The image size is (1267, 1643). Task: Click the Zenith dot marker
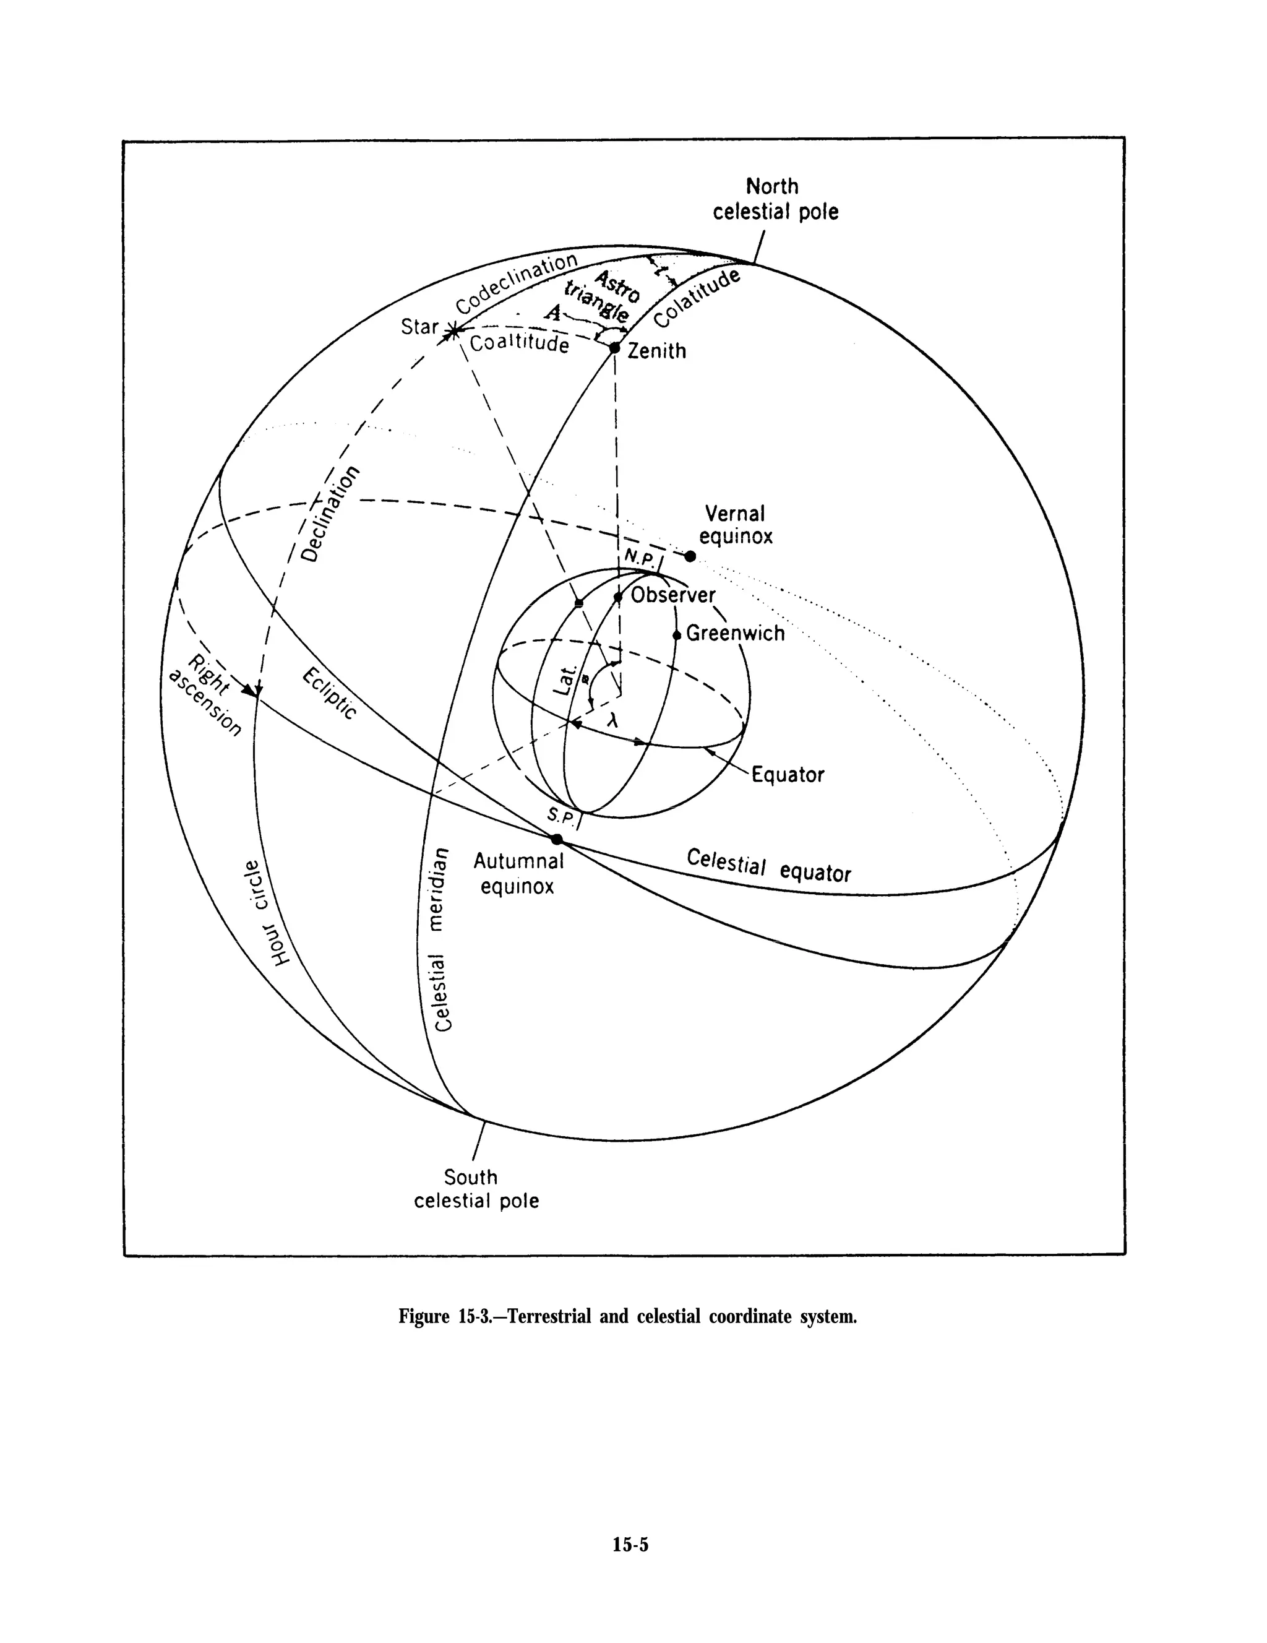click(614, 348)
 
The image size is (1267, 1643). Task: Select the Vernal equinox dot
click(690, 556)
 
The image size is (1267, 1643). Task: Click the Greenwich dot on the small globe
click(676, 635)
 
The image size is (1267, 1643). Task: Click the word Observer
click(673, 595)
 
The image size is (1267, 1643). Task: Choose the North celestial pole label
click(775, 199)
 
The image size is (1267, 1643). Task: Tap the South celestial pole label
click(476, 1189)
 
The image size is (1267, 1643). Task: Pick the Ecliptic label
click(329, 694)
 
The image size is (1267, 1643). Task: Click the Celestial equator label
click(768, 866)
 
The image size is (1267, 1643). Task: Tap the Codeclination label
click(517, 283)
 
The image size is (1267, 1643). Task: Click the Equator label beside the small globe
click(788, 774)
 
